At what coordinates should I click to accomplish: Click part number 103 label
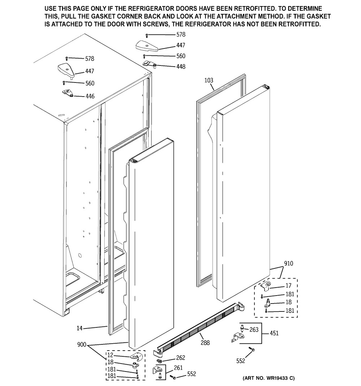(209, 80)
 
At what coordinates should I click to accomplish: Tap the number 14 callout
(79, 328)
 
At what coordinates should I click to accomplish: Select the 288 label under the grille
(205, 343)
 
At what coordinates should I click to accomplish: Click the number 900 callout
(82, 345)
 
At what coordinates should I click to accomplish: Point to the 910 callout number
(288, 263)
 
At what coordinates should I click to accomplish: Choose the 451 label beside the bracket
(274, 333)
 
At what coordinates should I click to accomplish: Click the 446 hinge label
(90, 96)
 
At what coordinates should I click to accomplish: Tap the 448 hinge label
(181, 67)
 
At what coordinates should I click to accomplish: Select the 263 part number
(254, 329)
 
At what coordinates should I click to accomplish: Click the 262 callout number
(180, 358)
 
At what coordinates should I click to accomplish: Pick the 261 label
(178, 368)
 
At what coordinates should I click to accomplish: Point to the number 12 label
(110, 355)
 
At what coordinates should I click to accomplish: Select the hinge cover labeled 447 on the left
(66, 71)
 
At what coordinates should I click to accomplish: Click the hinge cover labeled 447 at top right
(147, 46)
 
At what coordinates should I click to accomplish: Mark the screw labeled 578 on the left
(66, 59)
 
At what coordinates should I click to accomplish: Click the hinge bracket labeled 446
(68, 93)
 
